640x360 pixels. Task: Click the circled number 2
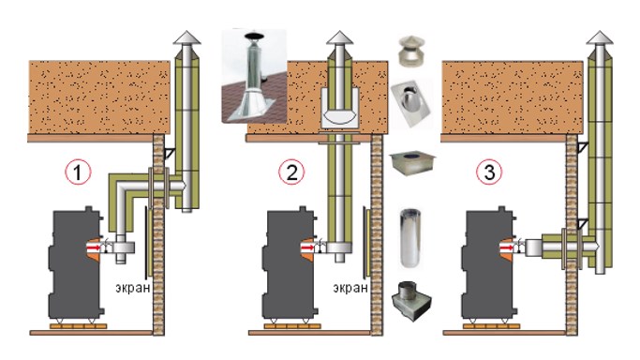(x=293, y=174)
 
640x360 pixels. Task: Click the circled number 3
(x=488, y=174)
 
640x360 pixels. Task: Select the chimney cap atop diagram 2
(x=340, y=38)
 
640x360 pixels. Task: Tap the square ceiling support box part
(x=410, y=165)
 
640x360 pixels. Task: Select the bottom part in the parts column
(x=410, y=300)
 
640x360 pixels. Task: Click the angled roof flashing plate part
(x=410, y=104)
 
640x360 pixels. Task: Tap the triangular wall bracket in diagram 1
(x=169, y=152)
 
